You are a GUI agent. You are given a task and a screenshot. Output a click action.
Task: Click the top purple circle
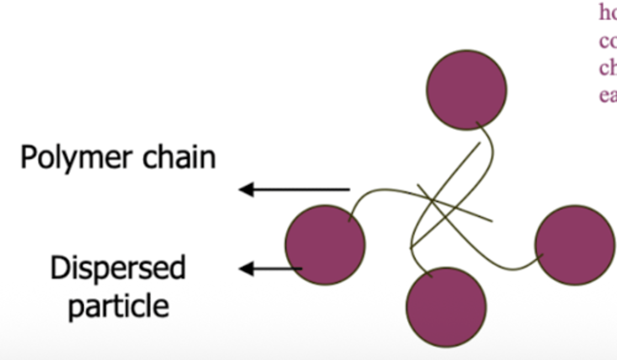[x=467, y=90]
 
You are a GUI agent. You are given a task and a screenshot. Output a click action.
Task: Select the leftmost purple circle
[x=325, y=245]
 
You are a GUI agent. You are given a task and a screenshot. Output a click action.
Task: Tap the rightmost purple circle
[x=575, y=245]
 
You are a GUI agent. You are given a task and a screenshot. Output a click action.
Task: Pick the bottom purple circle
[x=446, y=307]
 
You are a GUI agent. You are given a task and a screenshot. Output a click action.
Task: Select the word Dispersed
[x=118, y=268]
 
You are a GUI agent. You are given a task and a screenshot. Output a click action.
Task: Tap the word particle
[x=119, y=305]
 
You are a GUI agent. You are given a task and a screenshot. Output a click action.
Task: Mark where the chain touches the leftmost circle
[x=350, y=219]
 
